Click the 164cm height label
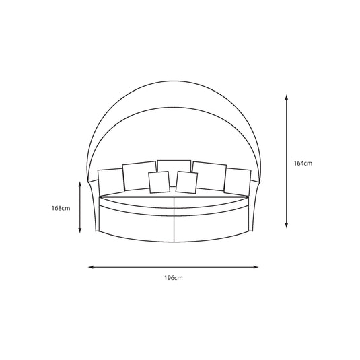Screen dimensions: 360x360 (303, 163)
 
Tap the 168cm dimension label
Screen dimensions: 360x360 (61, 208)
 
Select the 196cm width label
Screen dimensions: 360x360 (174, 277)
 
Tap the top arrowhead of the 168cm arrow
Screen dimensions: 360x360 (81, 183)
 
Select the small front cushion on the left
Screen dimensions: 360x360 (159, 182)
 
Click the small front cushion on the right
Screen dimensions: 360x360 (186, 182)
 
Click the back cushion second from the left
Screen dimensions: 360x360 (137, 175)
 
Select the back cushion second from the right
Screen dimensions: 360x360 (209, 174)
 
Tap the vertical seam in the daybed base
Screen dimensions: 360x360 (174, 221)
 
